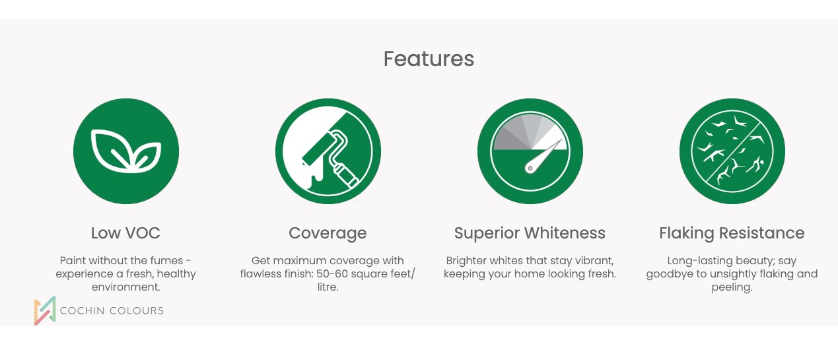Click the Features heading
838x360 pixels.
(x=429, y=59)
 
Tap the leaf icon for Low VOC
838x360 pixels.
(x=126, y=151)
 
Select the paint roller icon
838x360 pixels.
(x=328, y=151)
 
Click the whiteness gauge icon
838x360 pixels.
(x=530, y=151)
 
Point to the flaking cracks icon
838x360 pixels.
(x=732, y=151)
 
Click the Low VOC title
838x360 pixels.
(x=125, y=233)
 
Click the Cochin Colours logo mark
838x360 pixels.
(x=45, y=310)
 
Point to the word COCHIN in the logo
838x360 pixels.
(x=83, y=310)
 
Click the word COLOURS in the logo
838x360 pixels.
(x=137, y=310)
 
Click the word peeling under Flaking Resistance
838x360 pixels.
(x=732, y=288)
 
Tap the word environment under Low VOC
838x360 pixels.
(x=125, y=287)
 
